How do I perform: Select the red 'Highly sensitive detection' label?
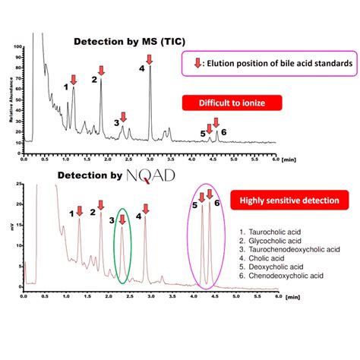pos(279,201)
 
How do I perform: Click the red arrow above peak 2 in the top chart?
pos(102,71)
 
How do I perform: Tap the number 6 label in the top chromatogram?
pos(223,132)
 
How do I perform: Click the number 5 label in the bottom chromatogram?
pos(194,205)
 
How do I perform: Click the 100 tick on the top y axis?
pos(18,47)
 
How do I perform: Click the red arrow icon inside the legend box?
pos(197,65)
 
